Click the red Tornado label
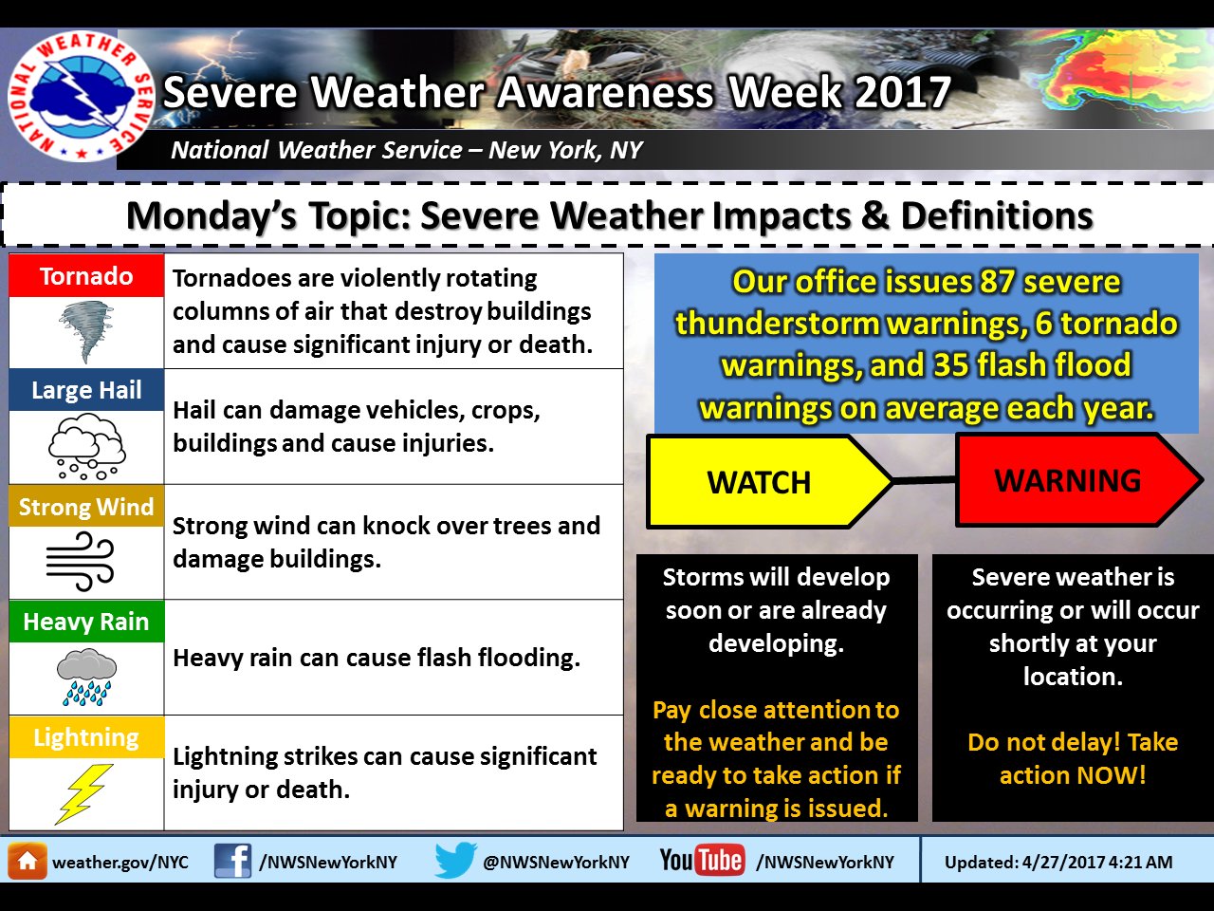click(86, 276)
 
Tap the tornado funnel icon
click(86, 331)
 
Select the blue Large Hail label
click(86, 390)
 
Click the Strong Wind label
click(86, 507)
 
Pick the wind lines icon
click(81, 562)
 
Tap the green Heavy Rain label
click(86, 622)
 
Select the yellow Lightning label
click(86, 737)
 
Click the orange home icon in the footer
click(27, 862)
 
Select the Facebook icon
click(232, 861)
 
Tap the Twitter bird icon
click(455, 861)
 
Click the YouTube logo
click(702, 861)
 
